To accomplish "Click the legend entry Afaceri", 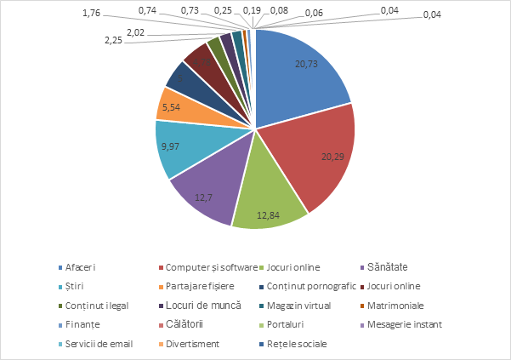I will tap(82, 268).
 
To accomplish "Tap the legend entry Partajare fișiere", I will tap(200, 286).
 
